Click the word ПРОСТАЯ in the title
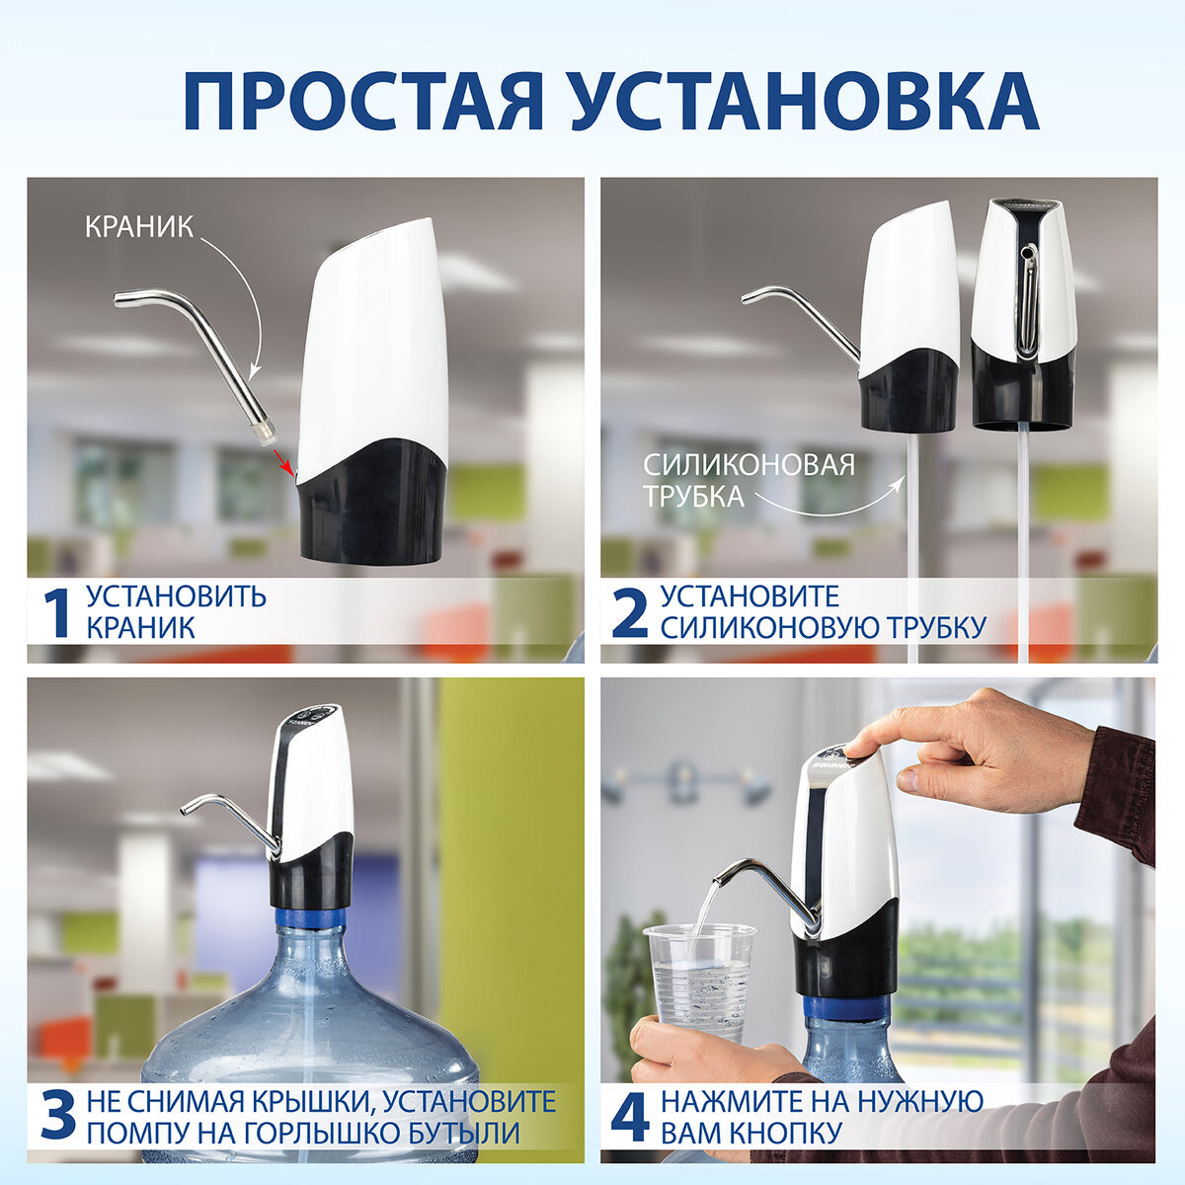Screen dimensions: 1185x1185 (363, 101)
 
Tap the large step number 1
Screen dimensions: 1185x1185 (57, 613)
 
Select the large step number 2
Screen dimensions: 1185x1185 (630, 613)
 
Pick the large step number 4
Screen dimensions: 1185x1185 (630, 1117)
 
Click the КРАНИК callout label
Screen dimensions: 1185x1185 (138, 226)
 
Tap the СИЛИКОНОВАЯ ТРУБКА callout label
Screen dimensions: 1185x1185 (748, 480)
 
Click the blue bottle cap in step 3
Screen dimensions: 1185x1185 (310, 917)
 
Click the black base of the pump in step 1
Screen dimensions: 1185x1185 (372, 504)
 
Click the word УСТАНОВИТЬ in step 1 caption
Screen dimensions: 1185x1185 (176, 596)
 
